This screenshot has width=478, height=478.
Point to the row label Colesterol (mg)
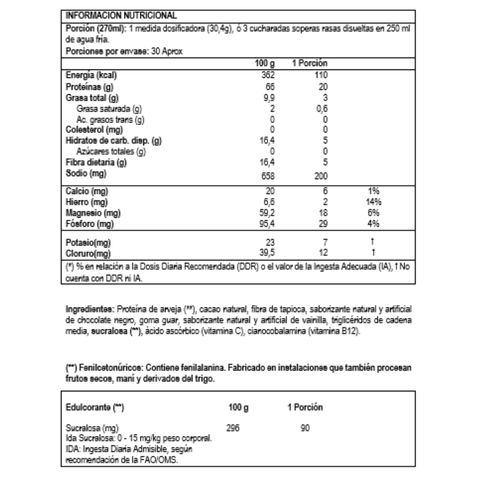(x=94, y=130)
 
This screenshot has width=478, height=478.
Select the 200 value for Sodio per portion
(x=321, y=176)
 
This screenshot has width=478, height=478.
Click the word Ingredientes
(x=86, y=308)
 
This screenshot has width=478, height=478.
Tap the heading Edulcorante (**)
(x=94, y=407)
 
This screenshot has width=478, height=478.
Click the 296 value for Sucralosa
(x=233, y=428)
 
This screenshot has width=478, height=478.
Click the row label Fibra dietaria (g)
(x=96, y=162)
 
